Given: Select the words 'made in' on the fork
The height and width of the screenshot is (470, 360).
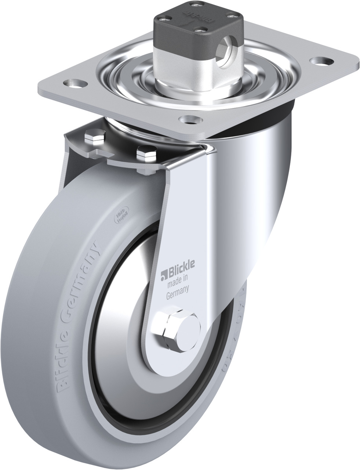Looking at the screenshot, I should click(178, 282).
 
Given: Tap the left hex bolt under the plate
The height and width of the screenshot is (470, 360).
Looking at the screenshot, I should click(91, 137).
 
